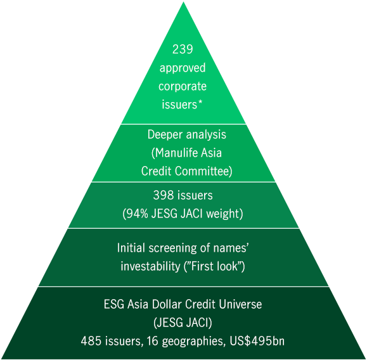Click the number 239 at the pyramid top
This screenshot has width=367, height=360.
[183, 49]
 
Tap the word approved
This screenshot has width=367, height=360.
[183, 68]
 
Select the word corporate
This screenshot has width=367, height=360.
[183, 86]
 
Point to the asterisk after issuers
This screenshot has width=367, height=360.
[200, 102]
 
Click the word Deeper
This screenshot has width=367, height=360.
[165, 135]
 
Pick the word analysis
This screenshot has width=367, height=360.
[206, 135]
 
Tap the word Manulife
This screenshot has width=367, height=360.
[174, 153]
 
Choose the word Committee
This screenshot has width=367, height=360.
[203, 171]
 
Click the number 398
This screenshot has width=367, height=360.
[163, 195]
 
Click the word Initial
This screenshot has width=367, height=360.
[131, 248]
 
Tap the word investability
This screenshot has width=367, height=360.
[150, 266]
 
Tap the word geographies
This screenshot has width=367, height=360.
[192, 342]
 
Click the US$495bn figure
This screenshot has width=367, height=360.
[257, 341]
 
